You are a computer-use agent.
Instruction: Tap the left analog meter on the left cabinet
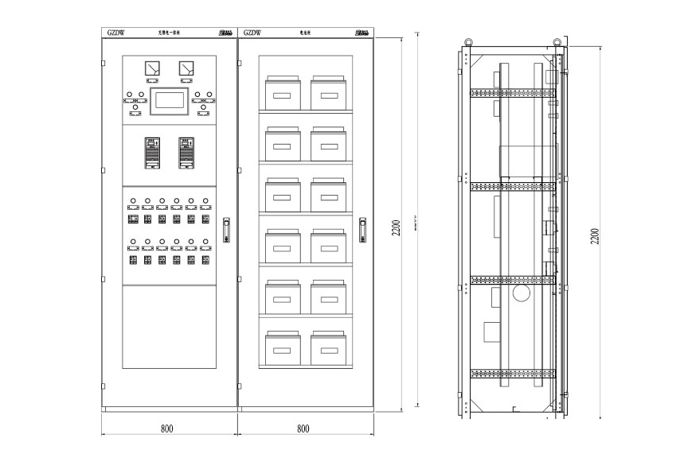tap(151, 69)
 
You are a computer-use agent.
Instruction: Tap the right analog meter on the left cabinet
tap(186, 69)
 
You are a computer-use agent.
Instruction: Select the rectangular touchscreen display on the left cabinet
tap(169, 99)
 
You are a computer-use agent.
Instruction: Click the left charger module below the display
tap(151, 153)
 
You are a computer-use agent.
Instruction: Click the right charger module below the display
tap(186, 153)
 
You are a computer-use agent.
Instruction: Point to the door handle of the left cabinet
tap(226, 231)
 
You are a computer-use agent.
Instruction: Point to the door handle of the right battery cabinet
tap(362, 231)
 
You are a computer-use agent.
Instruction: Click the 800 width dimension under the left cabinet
tap(166, 429)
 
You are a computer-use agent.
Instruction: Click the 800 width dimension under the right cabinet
tap(303, 429)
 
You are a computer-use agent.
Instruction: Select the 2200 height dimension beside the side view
tap(595, 236)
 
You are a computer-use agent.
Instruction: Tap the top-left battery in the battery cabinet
tap(283, 93)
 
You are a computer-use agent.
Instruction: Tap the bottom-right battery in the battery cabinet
tap(328, 347)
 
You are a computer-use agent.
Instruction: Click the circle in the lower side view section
tap(522, 293)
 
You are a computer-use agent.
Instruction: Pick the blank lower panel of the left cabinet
tap(169, 342)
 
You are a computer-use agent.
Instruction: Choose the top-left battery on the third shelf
tap(283, 195)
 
